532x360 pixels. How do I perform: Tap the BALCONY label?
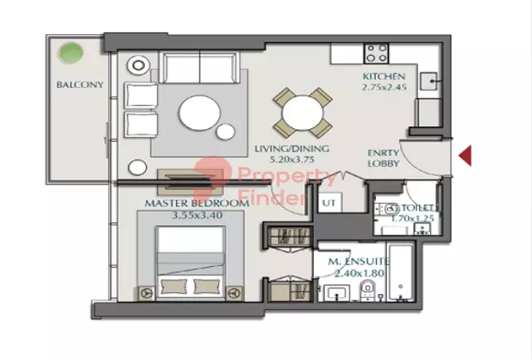coord(80,85)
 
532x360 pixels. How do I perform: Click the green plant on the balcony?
coord(72,55)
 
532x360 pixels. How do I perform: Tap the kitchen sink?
coord(428,80)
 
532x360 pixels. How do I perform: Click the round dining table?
coord(302,112)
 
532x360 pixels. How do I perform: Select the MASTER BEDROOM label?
coord(196,203)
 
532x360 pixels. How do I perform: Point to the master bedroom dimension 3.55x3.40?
coord(196,214)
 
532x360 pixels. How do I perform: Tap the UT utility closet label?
coord(328,203)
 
